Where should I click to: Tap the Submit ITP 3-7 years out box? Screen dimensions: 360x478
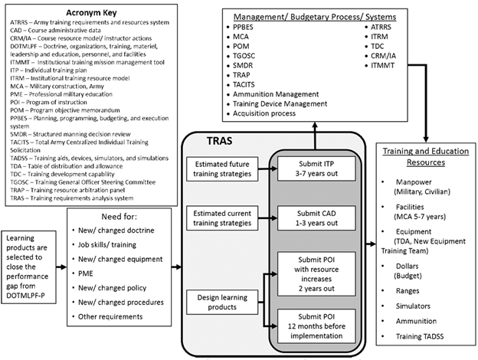coord(313,169)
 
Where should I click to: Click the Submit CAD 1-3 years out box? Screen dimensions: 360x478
coord(313,218)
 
